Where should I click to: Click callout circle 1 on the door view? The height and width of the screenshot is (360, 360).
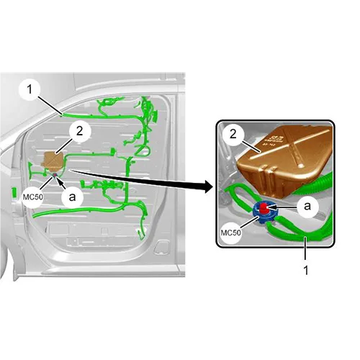coord(30,90)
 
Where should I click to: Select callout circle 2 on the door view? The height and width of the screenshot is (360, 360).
coord(80,131)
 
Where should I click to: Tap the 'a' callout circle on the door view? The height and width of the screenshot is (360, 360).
coord(72,197)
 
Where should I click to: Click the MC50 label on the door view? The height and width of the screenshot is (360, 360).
coord(33,197)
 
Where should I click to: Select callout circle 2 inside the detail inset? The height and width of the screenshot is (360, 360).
coord(233,134)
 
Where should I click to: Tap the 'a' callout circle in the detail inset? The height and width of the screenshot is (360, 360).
coord(307,206)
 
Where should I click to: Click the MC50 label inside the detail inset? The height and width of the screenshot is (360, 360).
coord(230,233)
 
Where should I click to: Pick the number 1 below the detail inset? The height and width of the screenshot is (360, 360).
coord(306,271)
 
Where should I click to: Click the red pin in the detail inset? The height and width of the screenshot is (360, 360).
coord(264,208)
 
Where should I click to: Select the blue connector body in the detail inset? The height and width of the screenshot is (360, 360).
coord(265,212)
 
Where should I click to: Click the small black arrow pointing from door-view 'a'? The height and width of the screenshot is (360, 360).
coord(61,184)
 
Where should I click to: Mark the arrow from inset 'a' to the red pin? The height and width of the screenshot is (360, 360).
coord(282,207)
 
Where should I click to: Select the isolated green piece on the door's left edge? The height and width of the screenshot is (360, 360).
coord(14,193)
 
